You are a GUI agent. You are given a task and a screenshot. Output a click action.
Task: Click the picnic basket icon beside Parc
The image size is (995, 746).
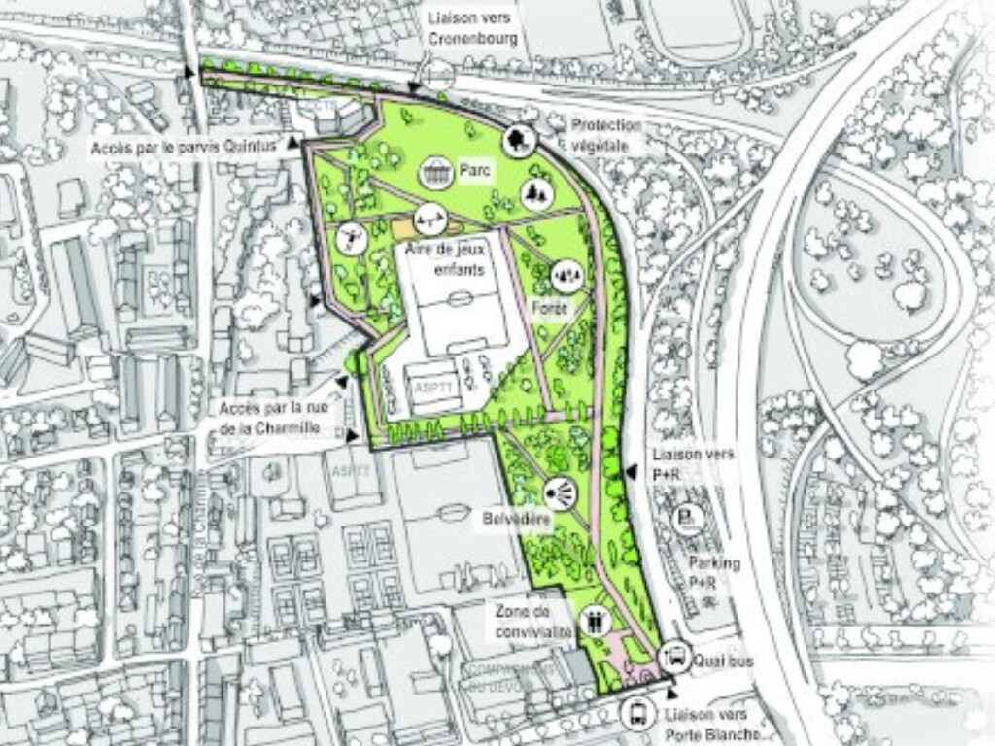point(436,173)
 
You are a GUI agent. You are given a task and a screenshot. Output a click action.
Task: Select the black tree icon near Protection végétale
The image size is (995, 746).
point(520,141)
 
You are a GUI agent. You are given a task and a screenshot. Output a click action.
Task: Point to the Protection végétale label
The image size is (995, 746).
point(607,135)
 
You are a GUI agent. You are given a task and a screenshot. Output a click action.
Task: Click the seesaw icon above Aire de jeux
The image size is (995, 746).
point(429,221)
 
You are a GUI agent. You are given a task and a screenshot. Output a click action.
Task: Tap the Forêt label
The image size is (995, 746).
point(549,308)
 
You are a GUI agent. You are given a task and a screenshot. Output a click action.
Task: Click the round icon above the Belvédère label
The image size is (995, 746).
point(561,494)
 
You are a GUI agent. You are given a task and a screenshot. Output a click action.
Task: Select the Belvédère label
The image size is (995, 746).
point(517,521)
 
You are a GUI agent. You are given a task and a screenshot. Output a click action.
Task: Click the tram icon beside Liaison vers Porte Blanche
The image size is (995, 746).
point(636,713)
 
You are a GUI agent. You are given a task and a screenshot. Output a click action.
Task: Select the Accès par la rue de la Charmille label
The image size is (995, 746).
point(277,418)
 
